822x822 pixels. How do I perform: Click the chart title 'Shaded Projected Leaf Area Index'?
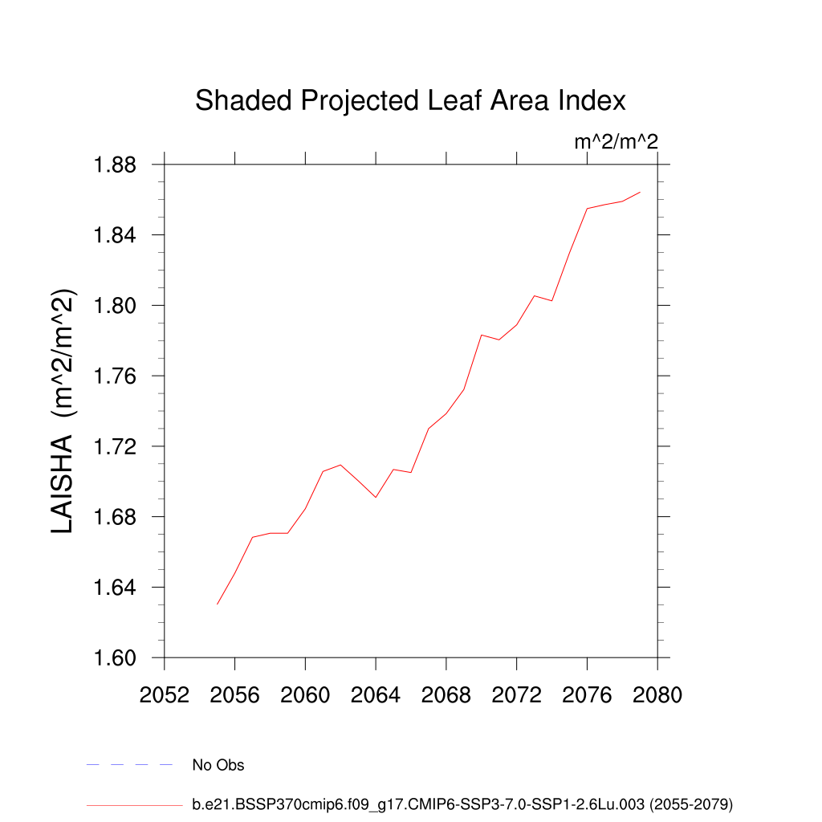410,101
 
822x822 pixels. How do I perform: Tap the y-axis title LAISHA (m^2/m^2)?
63,411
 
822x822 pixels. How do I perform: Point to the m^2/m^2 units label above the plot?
616,142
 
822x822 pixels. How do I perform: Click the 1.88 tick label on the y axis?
116,165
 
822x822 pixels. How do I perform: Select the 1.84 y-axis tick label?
116,235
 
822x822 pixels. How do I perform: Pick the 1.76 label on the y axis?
116,376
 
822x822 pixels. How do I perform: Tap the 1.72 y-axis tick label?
116,446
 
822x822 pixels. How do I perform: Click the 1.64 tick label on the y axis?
116,588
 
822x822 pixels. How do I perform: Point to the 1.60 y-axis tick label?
116,658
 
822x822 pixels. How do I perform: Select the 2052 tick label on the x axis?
165,695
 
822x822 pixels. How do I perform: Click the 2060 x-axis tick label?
305,695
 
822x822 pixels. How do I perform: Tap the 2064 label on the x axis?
376,695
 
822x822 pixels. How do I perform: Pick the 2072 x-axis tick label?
516,695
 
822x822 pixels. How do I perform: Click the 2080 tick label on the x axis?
657,695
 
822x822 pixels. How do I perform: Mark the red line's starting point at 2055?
218,604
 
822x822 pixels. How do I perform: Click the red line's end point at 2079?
640,192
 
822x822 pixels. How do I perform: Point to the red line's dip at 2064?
376,498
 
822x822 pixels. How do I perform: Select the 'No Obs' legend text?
218,765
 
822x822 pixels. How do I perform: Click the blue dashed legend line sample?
130,765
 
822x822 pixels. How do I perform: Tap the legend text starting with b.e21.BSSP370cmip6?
462,804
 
